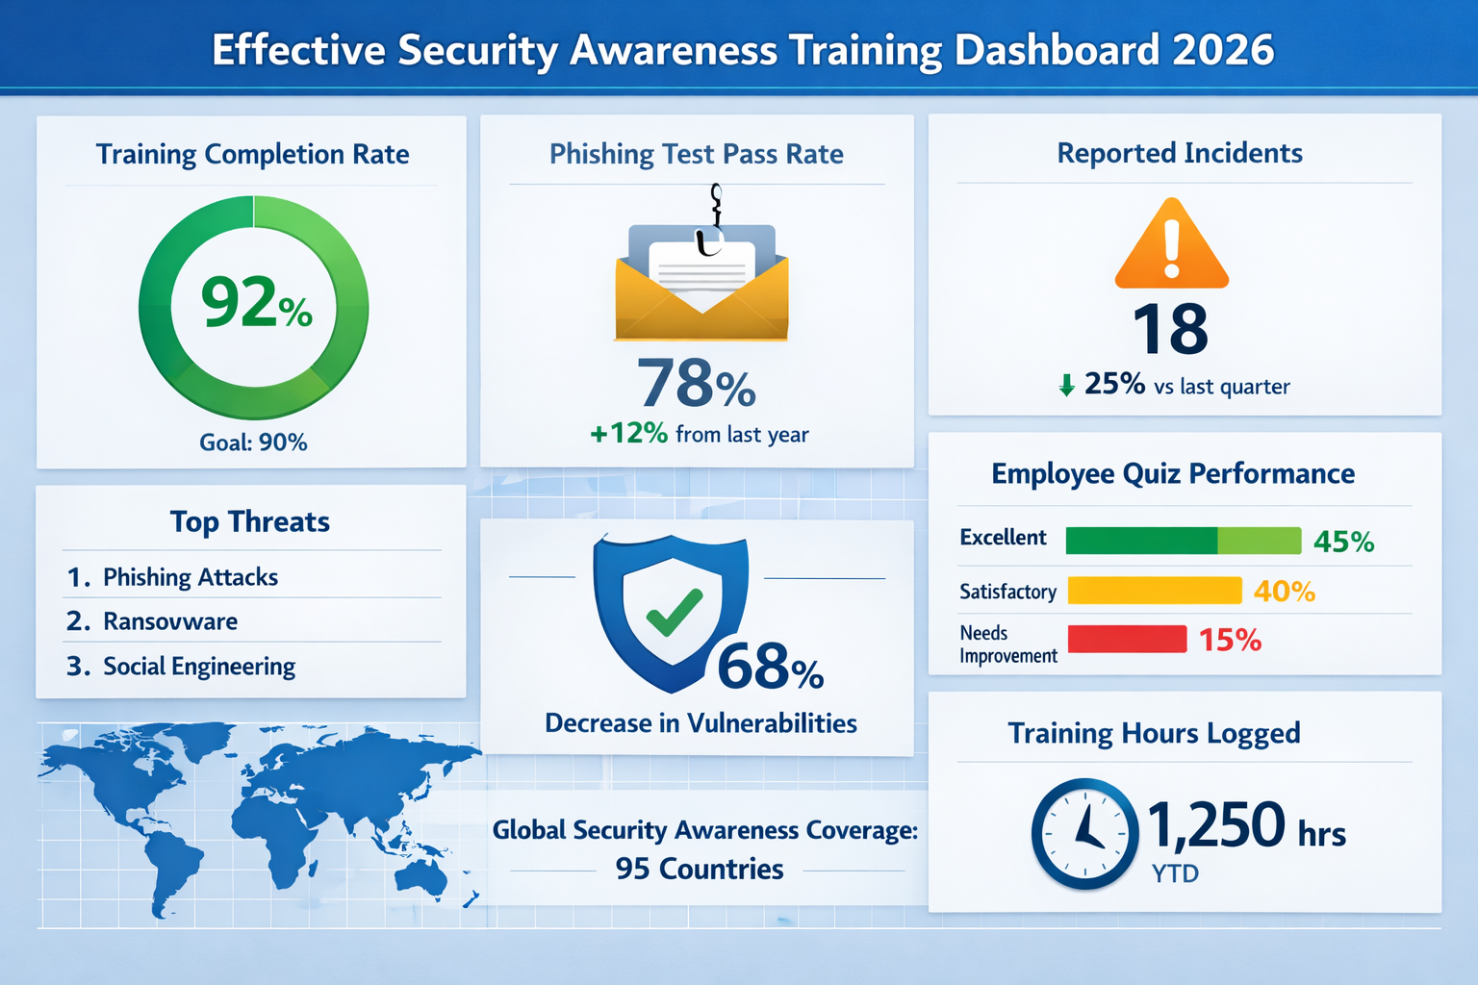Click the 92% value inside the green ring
(x=255, y=303)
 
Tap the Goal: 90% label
(x=253, y=442)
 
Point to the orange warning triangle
(x=1171, y=247)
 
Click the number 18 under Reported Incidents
(x=1170, y=330)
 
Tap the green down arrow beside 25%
(x=1066, y=386)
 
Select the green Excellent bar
(x=1183, y=541)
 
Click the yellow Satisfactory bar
(x=1154, y=591)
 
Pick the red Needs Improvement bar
(x=1127, y=639)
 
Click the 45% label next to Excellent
(x=1343, y=542)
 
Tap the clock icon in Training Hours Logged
(x=1084, y=833)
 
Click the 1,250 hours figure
(x=1216, y=825)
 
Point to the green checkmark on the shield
(x=674, y=611)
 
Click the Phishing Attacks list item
(x=191, y=577)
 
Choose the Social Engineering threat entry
(x=199, y=667)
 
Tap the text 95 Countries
(x=700, y=870)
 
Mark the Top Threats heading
(x=250, y=521)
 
